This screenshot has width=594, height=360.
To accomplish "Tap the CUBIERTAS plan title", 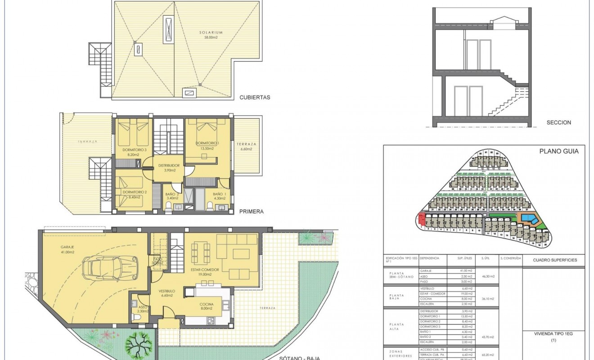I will [x=255, y=97].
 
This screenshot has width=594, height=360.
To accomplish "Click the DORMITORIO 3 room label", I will [x=134, y=152].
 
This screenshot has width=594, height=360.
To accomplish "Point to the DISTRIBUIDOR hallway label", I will [x=168, y=168].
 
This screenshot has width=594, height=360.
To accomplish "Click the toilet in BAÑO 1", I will [x=210, y=206].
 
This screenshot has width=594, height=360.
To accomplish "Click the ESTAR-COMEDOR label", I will [x=204, y=272].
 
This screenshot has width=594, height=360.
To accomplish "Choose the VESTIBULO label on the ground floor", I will [x=166, y=293].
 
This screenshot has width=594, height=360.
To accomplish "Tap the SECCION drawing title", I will [x=558, y=122].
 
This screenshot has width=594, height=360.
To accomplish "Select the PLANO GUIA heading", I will [x=559, y=152].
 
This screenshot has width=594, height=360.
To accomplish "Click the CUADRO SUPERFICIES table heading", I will [x=555, y=260].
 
